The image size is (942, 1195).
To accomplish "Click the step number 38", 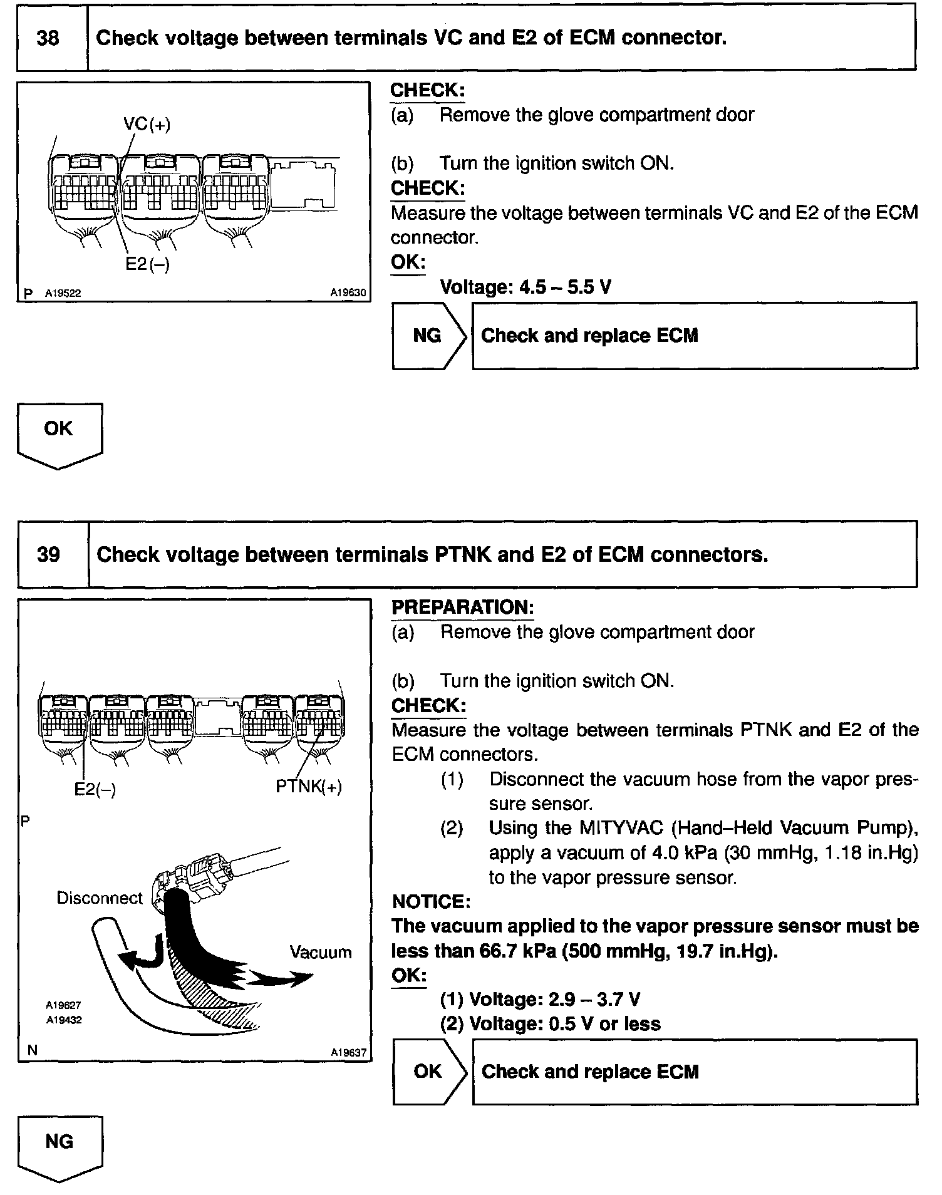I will [x=48, y=39].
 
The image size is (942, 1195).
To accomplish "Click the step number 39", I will [x=49, y=555].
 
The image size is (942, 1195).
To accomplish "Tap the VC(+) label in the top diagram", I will [x=147, y=124].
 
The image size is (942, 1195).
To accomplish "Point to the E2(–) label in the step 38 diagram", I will [x=147, y=264].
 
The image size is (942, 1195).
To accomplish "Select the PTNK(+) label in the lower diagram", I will [x=309, y=787].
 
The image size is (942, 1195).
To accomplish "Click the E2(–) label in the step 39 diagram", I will [x=95, y=789].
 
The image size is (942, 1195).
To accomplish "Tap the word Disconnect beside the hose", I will [x=100, y=898].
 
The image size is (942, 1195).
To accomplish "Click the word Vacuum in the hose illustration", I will [x=320, y=953].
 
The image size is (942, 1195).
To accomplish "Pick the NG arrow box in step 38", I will [x=428, y=336].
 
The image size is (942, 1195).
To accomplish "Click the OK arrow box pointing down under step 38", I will [x=59, y=432].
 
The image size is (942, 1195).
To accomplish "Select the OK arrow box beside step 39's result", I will [x=428, y=1072].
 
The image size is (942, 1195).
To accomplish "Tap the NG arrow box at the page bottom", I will [x=60, y=1144].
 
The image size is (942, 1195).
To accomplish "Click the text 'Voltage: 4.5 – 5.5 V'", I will [x=525, y=287].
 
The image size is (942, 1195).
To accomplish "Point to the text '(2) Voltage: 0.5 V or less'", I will [x=550, y=1024].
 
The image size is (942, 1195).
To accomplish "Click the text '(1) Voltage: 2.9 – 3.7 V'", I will [x=540, y=1000].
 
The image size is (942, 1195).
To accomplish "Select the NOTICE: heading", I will [x=431, y=902].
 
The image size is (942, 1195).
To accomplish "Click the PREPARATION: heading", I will [x=463, y=608].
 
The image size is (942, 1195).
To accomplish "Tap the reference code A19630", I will [x=348, y=292].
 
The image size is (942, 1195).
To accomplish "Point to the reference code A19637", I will [x=348, y=1053].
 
